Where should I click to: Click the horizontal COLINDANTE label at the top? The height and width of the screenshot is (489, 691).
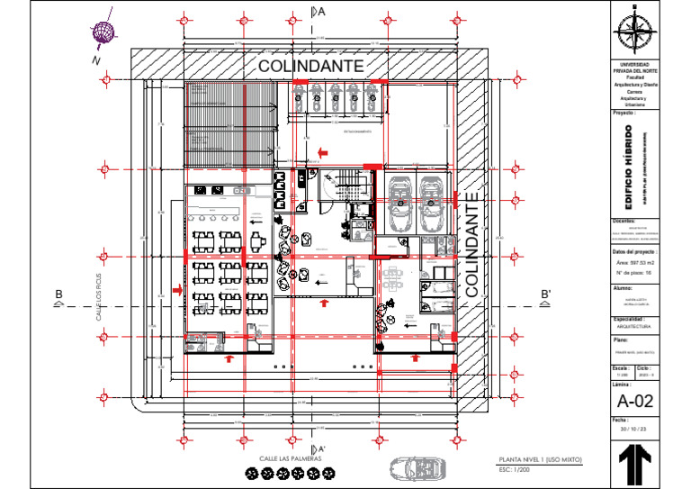pyautogui.click(x=310, y=67)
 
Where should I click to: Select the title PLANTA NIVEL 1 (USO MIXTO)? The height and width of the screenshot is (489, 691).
pyautogui.click(x=541, y=460)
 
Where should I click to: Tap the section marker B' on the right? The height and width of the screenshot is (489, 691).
pyautogui.click(x=545, y=295)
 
